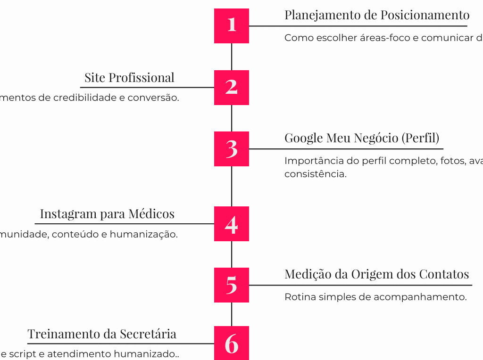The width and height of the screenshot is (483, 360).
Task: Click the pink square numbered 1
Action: click(x=232, y=26)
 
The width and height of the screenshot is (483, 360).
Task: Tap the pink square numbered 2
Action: click(x=232, y=87)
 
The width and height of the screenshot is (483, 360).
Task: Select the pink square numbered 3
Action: click(x=232, y=149)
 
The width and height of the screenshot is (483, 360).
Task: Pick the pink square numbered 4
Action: click(x=232, y=224)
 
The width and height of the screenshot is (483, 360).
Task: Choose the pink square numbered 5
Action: click(x=232, y=285)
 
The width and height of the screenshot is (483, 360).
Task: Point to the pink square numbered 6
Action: click(x=232, y=343)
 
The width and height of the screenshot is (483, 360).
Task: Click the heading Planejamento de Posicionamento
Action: click(x=377, y=15)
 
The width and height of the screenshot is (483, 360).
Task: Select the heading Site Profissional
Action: click(x=129, y=78)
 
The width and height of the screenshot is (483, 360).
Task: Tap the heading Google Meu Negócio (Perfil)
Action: click(x=362, y=138)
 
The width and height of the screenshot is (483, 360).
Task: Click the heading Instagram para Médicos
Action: click(x=107, y=214)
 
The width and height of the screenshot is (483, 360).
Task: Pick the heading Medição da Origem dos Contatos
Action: click(x=377, y=274)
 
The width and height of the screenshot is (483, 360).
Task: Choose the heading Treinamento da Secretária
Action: click(x=102, y=334)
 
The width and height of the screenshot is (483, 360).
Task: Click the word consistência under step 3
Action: click(x=315, y=174)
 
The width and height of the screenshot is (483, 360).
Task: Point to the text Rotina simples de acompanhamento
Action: click(x=375, y=297)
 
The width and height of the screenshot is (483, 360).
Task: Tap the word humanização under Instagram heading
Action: click(x=150, y=234)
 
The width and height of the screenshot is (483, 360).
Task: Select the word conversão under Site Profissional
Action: click(x=158, y=98)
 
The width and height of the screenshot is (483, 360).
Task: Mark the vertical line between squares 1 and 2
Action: click(x=232, y=57)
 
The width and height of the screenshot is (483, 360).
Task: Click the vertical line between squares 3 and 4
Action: click(x=232, y=186)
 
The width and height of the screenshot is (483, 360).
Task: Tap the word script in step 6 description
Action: click(x=21, y=354)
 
